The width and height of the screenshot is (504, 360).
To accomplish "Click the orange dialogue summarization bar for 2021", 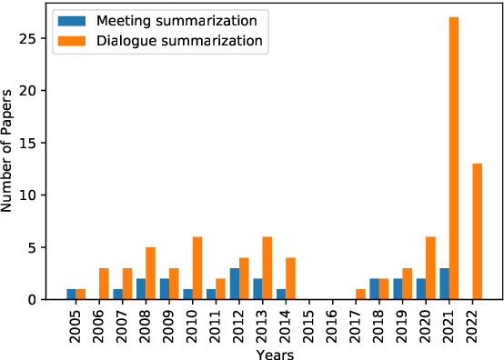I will point(454,158).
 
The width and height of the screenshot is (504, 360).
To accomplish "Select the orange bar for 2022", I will point(477,231).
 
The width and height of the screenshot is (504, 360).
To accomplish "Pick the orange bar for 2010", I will point(197,268).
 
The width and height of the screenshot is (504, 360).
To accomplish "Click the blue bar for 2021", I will point(445,284).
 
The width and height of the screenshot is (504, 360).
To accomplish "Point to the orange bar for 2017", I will point(360,294).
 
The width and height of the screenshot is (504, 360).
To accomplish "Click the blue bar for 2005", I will point(72,294).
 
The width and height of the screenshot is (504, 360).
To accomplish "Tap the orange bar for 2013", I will point(267,268).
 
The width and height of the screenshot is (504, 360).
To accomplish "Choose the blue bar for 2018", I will point(375,289).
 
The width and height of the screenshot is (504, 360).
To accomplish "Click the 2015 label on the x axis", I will point(309,324).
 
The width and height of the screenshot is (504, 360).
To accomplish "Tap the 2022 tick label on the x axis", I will point(472,324).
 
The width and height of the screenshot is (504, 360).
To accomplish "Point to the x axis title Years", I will point(274,353).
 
